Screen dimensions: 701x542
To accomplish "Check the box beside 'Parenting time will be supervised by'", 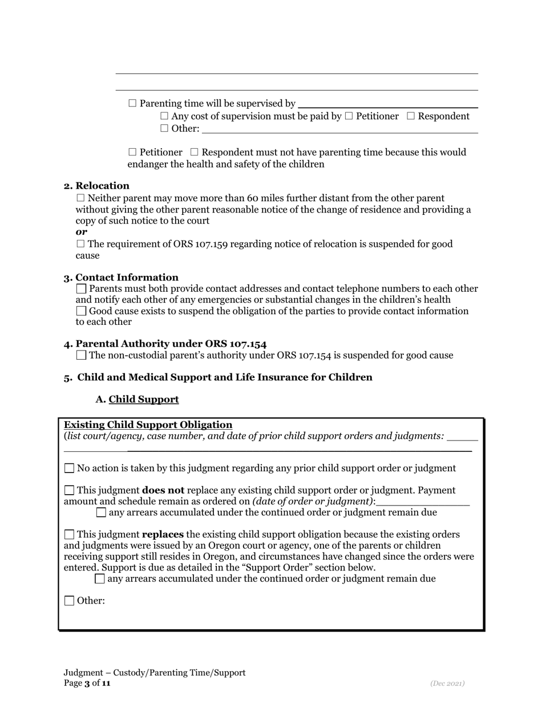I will click(133, 103).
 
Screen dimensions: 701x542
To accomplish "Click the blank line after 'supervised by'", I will click(388, 104).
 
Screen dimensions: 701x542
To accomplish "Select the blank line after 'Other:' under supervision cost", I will click(339, 129).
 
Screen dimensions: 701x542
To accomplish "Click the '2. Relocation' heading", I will click(96, 186).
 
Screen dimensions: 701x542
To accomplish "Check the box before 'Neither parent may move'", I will click(80, 198).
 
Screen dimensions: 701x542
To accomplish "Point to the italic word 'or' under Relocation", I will click(81, 232).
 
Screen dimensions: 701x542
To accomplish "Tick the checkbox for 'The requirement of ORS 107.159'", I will click(80, 244).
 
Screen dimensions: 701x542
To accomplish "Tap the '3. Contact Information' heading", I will click(121, 278).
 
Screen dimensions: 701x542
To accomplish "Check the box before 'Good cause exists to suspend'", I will click(81, 311).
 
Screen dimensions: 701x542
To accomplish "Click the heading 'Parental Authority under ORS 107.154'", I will click(165, 344).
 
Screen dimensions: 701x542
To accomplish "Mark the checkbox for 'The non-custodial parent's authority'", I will click(81, 356).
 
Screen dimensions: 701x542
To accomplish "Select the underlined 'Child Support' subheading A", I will click(143, 400).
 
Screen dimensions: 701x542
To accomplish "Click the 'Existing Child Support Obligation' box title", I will click(148, 425).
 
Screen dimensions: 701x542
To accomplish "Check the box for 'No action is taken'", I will click(69, 468).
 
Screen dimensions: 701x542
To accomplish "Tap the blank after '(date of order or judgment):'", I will click(423, 502).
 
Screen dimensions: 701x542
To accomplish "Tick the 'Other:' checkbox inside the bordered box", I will click(69, 601).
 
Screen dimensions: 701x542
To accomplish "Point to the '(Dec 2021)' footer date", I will click(447, 683).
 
